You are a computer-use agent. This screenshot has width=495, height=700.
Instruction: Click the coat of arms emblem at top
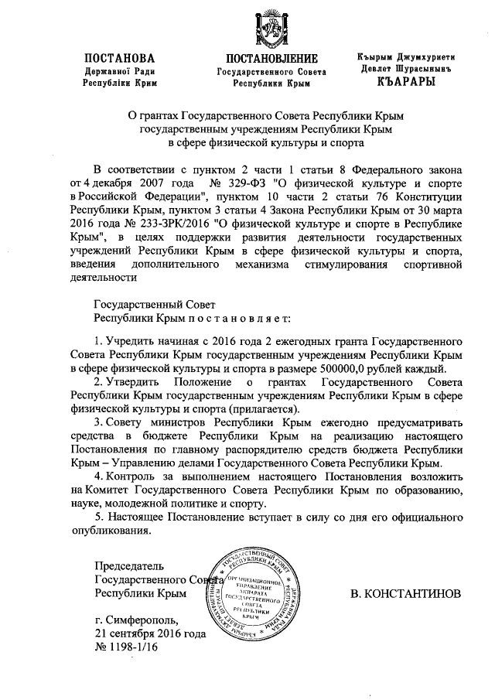tap(271, 26)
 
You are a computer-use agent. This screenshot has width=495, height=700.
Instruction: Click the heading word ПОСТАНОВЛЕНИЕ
tap(271, 59)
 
